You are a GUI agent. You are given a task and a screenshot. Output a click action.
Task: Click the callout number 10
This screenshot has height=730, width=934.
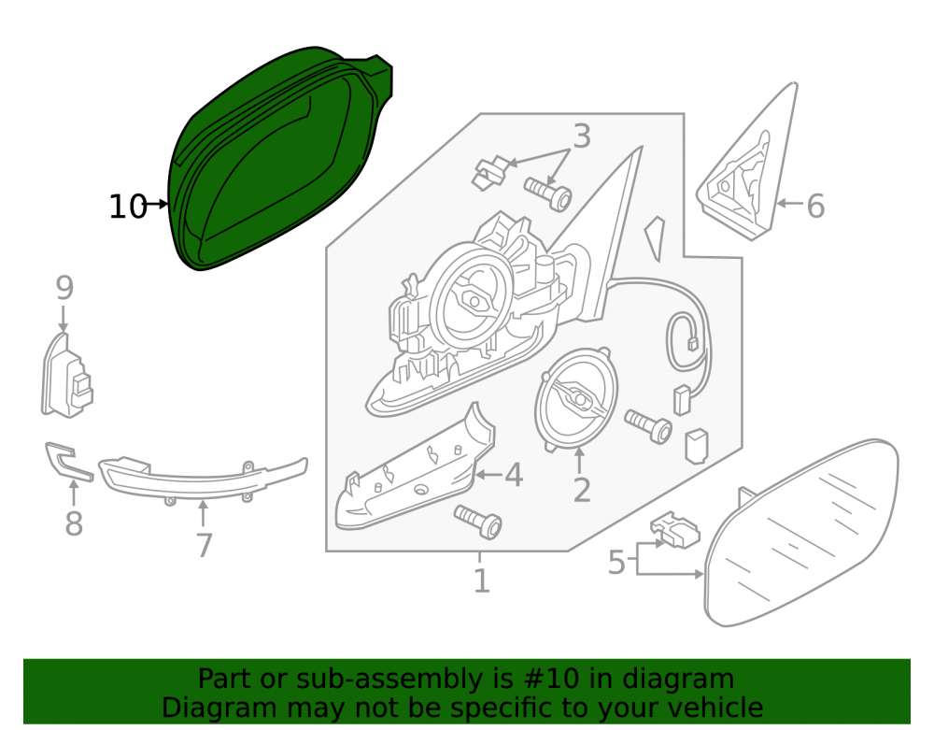127,207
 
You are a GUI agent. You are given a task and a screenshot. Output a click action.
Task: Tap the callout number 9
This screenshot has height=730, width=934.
64,288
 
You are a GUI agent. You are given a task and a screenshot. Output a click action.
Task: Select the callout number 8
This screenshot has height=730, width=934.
73,523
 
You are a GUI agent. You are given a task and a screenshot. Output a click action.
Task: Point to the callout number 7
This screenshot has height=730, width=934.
204,545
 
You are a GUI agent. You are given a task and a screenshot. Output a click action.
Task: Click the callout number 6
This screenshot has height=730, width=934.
815,207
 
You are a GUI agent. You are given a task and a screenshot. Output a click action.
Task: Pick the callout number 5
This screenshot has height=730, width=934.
616,563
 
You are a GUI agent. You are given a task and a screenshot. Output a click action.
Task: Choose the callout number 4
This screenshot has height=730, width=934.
514,475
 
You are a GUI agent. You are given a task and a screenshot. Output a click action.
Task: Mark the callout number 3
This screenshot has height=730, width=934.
581,136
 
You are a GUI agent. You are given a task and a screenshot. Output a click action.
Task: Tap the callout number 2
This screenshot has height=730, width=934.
581,490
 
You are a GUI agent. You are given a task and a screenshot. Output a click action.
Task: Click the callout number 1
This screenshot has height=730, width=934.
481,581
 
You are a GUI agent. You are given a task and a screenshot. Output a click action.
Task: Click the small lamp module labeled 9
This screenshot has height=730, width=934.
66,377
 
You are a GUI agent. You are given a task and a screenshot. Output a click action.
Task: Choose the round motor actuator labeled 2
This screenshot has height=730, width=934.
575,398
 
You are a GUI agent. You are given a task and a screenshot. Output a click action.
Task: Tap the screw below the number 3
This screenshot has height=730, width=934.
548,193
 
